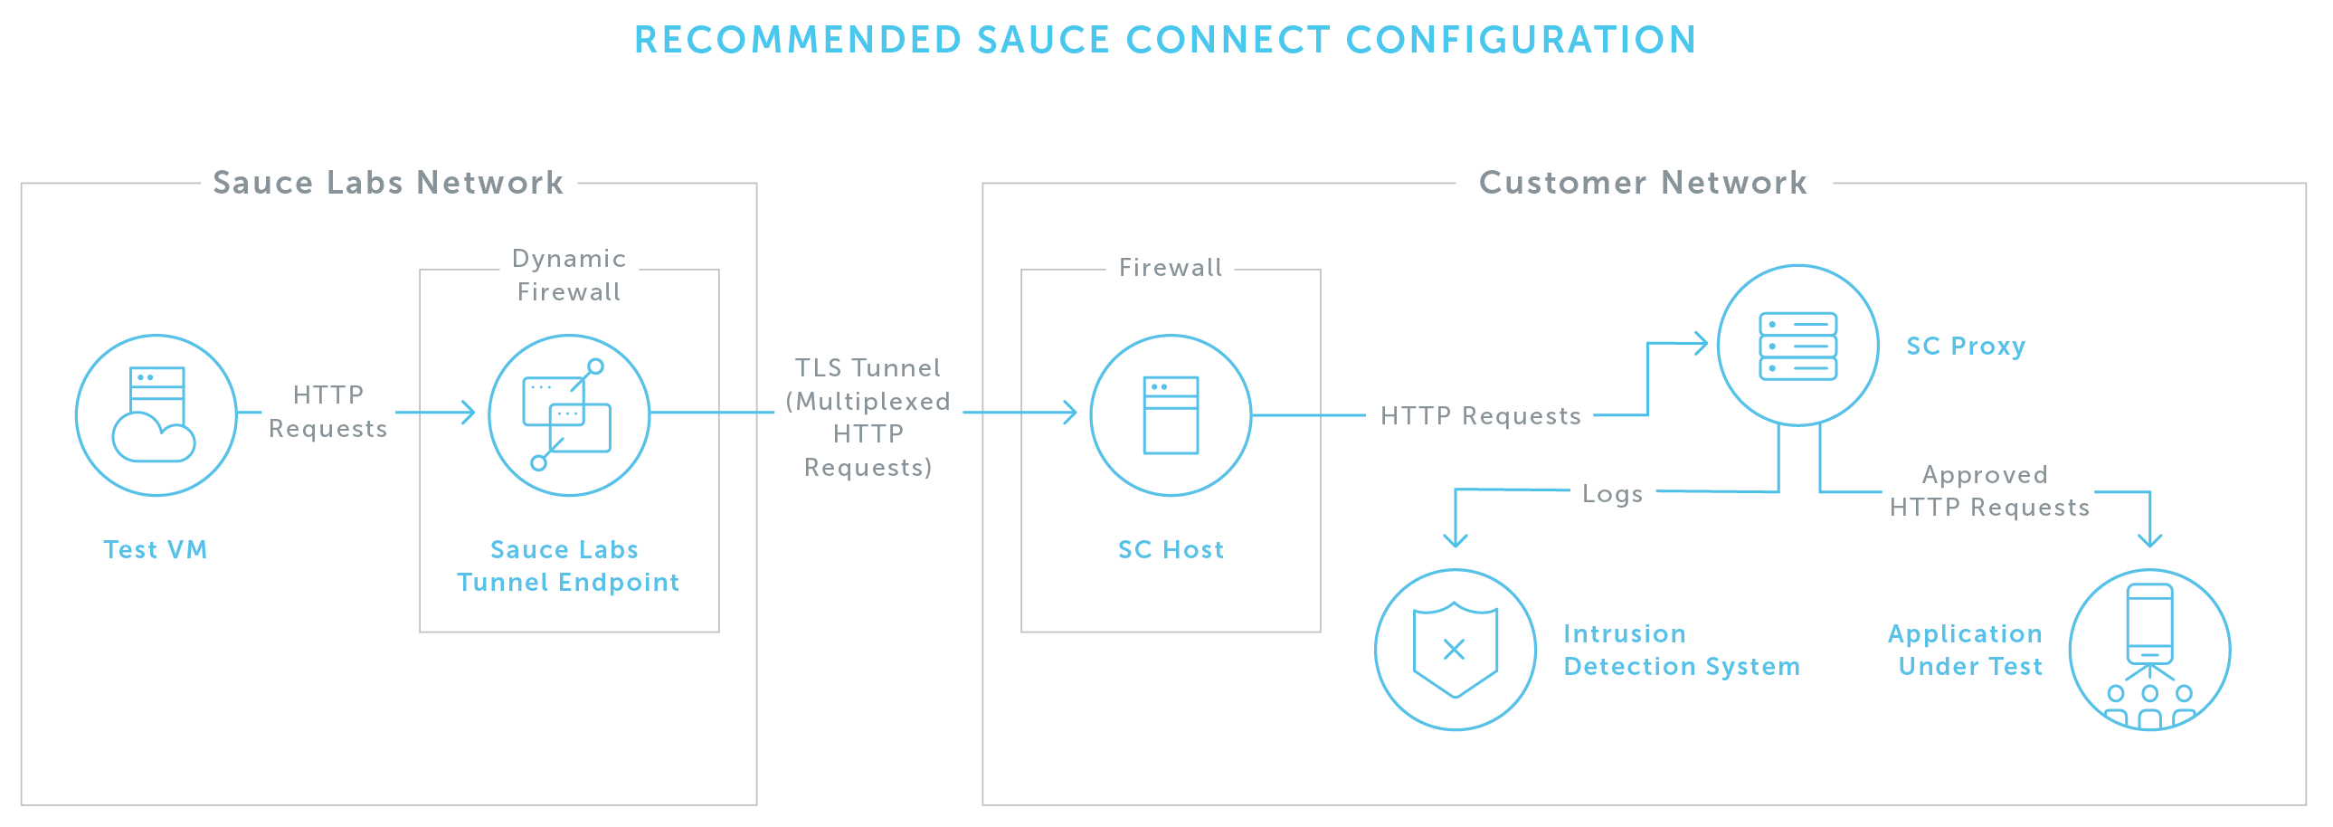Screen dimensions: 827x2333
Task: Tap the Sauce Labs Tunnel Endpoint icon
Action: (x=569, y=415)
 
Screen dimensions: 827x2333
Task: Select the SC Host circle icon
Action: (x=1171, y=415)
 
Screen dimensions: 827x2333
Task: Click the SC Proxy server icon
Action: (x=1797, y=345)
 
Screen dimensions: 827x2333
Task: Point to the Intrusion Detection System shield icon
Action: (x=1456, y=650)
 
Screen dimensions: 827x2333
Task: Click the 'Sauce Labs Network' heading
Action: (x=387, y=183)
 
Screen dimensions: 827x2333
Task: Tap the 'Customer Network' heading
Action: (x=1643, y=183)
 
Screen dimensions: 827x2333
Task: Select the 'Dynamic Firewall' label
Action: (x=569, y=275)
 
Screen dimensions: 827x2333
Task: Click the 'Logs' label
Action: (x=1612, y=494)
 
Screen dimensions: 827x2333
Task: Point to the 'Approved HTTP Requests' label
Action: (x=1989, y=491)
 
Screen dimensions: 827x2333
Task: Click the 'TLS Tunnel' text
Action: (x=868, y=367)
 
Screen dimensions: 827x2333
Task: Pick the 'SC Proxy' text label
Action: (x=1966, y=346)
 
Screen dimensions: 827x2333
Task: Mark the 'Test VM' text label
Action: (x=155, y=550)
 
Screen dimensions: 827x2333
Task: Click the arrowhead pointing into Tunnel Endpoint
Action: (x=469, y=413)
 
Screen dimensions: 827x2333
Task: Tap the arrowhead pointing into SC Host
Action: (x=1070, y=413)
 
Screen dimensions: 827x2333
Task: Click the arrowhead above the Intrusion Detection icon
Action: (x=1456, y=540)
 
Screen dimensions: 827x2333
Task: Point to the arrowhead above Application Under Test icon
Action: (x=2149, y=540)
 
